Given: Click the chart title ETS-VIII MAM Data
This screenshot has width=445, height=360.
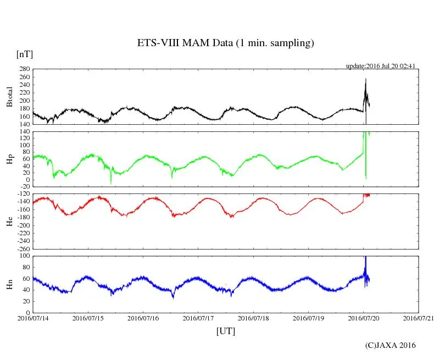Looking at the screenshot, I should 225,43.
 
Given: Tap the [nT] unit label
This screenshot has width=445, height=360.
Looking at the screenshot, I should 25,54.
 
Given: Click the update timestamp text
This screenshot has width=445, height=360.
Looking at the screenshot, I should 380,66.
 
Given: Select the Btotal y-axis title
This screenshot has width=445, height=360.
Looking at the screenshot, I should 9,97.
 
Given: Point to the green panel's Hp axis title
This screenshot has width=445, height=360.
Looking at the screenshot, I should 9,159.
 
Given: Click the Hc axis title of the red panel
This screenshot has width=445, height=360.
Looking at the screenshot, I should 9,221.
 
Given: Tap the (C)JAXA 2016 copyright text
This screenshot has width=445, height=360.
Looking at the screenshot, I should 390,345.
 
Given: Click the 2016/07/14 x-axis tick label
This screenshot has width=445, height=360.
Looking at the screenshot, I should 33,318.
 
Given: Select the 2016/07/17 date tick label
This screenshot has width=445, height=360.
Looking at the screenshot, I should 198,318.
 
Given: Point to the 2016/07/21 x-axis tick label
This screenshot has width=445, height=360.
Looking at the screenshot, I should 419,318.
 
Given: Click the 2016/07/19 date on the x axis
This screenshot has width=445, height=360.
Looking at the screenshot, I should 308,318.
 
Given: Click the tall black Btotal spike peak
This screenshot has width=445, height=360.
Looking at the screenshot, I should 365,80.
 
